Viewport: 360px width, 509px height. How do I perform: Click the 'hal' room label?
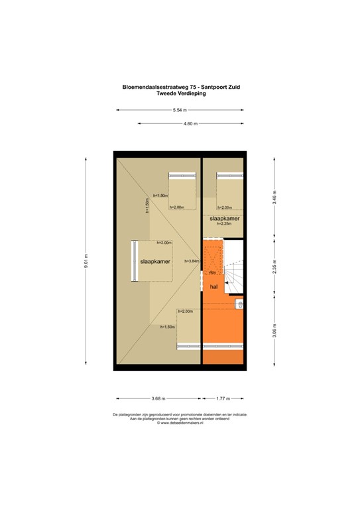(x=214, y=287)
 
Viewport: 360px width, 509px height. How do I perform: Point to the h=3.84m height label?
(x=192, y=260)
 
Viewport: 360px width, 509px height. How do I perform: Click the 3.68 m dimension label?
(x=158, y=398)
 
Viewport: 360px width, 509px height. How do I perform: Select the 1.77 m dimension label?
(x=223, y=398)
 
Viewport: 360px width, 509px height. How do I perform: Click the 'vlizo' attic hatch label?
(x=212, y=272)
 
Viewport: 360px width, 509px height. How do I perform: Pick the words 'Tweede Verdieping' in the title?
(x=180, y=94)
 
